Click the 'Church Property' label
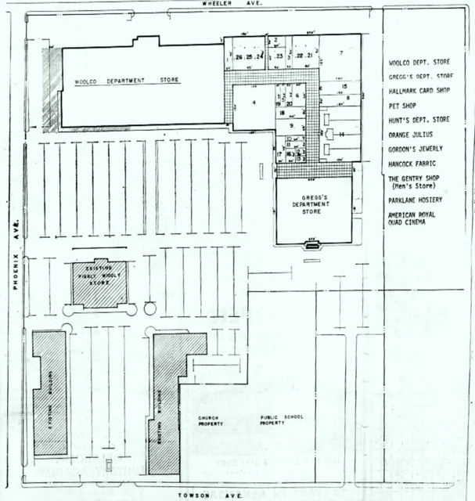[x=211, y=420]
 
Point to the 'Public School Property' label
[x=282, y=420]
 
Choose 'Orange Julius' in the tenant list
[x=410, y=134]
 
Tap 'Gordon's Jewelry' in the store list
[x=416, y=149]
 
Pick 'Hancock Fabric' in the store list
[x=414, y=164]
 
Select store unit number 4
[x=254, y=102]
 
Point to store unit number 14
[x=342, y=135]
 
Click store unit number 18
[x=280, y=113]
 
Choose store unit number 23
[x=279, y=56]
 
